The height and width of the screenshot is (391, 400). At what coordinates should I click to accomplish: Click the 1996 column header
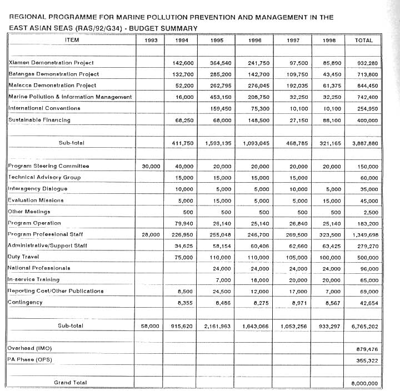pos(256,41)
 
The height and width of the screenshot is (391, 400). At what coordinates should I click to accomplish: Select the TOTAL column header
pos(364,41)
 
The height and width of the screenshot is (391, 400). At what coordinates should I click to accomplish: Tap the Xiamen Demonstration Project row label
pos(51,63)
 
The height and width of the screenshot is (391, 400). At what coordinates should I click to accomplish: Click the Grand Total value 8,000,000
pos(365,383)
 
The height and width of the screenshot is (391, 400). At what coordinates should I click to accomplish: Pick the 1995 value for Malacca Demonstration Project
pos(217,86)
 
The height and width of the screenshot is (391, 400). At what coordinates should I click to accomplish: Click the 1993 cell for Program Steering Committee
pos(151,166)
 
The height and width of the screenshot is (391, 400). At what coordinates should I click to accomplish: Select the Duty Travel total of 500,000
pos(366,257)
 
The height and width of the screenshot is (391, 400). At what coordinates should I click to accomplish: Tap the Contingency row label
pos(26,302)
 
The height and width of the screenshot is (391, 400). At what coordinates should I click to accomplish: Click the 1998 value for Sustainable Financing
pos(331,120)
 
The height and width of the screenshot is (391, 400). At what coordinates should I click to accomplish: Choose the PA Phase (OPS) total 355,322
pos(367,360)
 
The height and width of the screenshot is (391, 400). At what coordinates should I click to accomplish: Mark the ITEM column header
pos(72,40)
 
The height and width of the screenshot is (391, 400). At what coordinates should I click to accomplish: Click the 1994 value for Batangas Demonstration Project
pos(183,74)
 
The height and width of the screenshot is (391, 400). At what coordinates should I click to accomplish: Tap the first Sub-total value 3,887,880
pos(365,143)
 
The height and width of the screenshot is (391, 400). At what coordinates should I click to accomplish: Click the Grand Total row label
pos(70,382)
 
